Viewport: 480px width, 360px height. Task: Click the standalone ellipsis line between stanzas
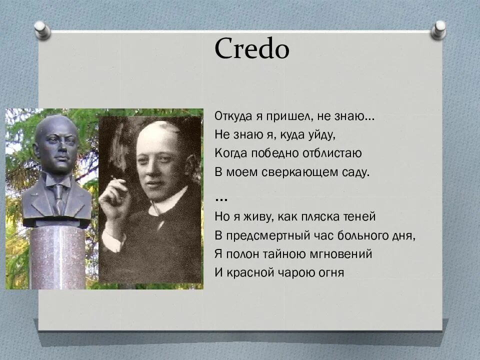click(221, 198)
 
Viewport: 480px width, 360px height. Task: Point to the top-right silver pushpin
click(439, 28)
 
